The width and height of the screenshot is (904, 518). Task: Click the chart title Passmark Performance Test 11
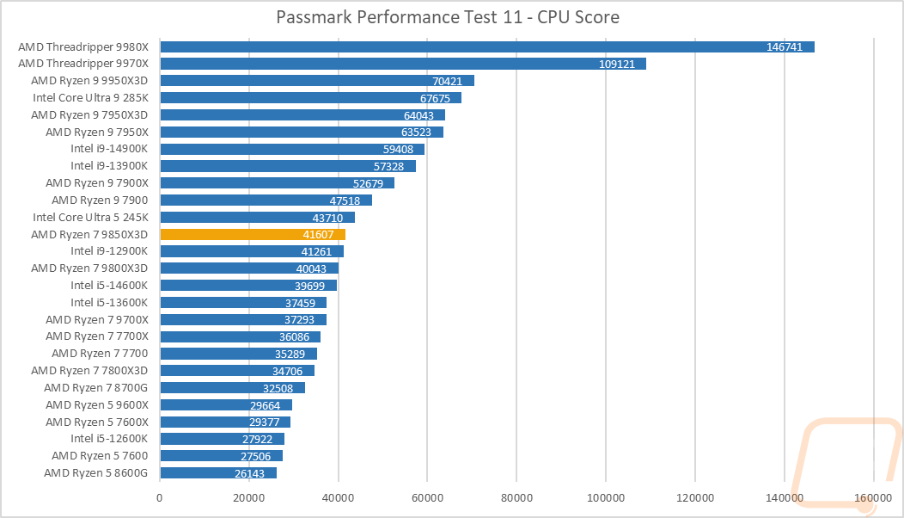(x=448, y=17)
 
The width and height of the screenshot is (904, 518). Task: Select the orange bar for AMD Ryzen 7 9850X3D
(x=253, y=234)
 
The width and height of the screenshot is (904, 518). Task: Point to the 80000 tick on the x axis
(x=516, y=497)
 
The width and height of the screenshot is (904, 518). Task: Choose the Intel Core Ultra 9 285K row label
(x=90, y=97)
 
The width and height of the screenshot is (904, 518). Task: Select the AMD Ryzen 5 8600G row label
(x=96, y=472)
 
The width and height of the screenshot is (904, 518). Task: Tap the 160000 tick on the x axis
(x=874, y=497)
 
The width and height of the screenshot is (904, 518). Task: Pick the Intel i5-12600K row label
(x=109, y=439)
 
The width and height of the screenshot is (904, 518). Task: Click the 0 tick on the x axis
(x=160, y=497)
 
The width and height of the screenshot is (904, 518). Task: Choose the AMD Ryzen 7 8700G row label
(x=96, y=387)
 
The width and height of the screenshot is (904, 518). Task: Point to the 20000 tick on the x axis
(x=249, y=497)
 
